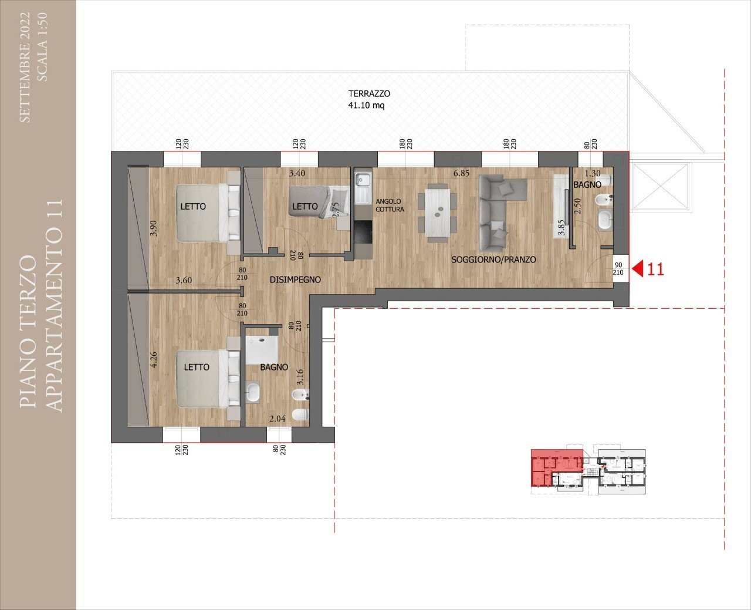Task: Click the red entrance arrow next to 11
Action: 638,269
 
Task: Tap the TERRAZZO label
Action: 369,93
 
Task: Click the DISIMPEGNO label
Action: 295,279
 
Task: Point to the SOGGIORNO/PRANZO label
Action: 493,259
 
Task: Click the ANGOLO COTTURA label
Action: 389,205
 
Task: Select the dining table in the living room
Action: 437,212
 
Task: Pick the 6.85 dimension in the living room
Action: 462,174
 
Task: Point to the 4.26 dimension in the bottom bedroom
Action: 154,359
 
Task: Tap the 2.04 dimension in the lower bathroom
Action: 278,418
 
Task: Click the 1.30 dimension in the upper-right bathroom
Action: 593,174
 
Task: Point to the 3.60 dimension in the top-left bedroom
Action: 184,280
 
